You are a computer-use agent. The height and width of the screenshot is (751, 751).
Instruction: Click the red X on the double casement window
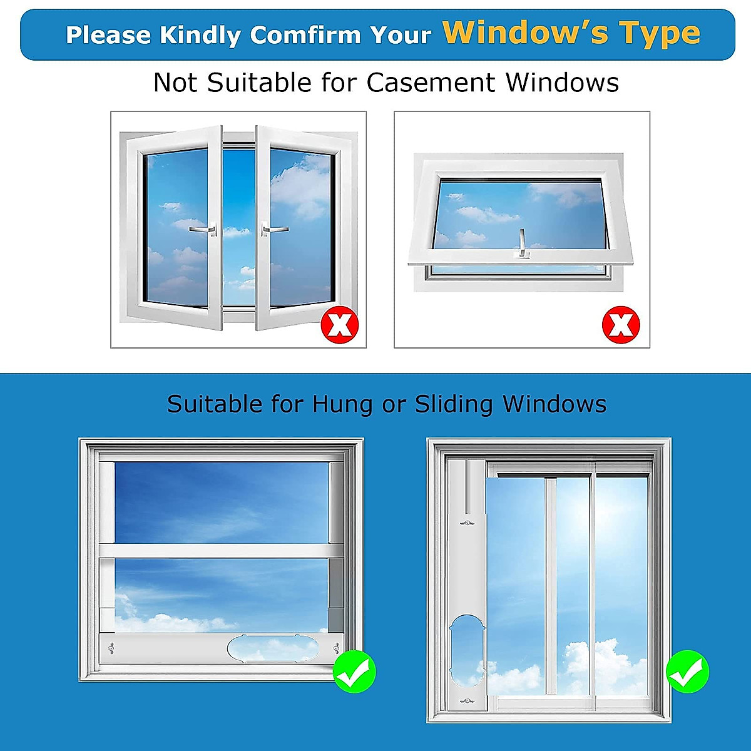tap(340, 325)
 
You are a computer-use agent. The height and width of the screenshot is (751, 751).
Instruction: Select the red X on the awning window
tap(621, 325)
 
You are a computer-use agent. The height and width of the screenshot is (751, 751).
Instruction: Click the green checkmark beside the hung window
tap(354, 672)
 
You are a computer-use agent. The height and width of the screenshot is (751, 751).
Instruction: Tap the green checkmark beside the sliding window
tap(687, 672)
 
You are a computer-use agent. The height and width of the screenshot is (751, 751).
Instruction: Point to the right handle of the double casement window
tap(273, 230)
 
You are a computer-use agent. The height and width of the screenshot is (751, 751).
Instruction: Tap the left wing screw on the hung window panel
tap(111, 648)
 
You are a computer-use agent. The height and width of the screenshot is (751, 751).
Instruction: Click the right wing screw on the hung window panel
tap(337, 648)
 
